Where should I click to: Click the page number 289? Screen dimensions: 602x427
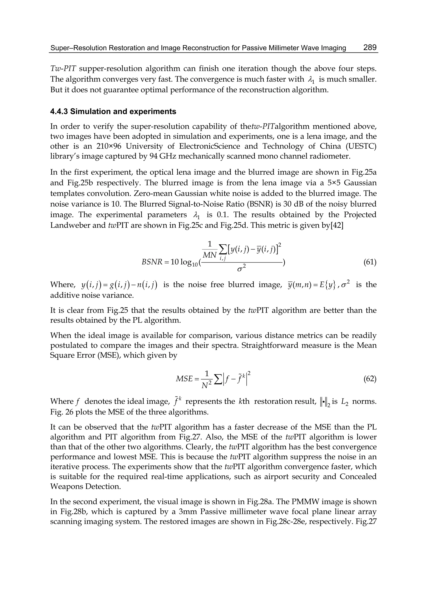coord(370,48)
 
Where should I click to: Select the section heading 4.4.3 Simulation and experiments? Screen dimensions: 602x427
coord(113,112)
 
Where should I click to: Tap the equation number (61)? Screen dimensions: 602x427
coord(370,262)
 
